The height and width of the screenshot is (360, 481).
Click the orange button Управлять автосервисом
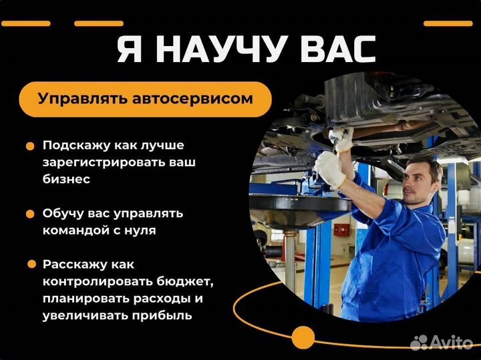(145, 100)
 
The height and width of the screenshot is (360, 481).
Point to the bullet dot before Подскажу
(30, 146)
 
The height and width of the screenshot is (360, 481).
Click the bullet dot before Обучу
(30, 214)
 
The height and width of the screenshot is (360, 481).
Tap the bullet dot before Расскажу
(30, 264)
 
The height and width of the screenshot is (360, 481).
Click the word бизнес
(66, 179)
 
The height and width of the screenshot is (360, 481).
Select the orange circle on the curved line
(303, 337)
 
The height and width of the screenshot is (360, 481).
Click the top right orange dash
(448, 23)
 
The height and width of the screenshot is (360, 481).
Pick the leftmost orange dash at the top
(26, 23)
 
